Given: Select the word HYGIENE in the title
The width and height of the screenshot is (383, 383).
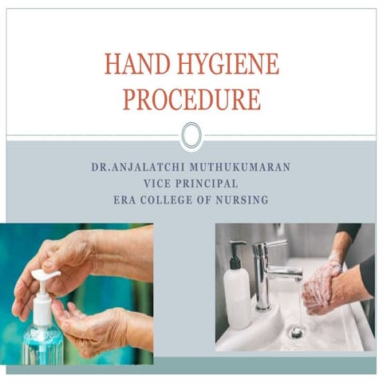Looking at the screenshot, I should pos(231,64).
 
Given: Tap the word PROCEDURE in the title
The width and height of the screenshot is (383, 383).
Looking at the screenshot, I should pos(191,98).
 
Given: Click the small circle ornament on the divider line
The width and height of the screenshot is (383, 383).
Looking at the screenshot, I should pos(191,135).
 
